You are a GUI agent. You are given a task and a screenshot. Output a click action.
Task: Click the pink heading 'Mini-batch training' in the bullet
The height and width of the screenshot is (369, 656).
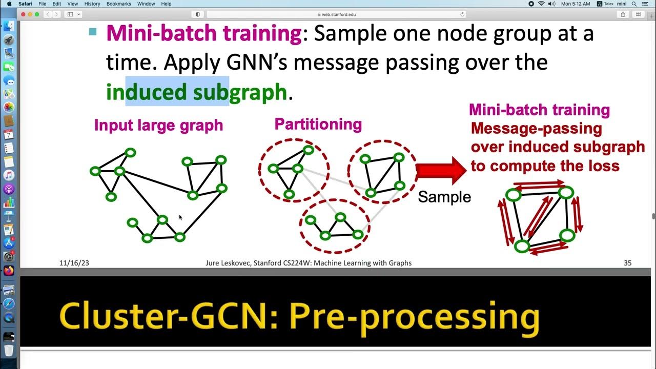point(204,34)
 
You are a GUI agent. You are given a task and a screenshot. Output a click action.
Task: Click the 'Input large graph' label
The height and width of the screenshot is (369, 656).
point(158,125)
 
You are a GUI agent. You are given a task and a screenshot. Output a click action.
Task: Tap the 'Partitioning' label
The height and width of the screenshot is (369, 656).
point(318,124)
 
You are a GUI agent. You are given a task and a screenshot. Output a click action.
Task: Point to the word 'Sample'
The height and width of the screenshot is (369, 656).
point(444,197)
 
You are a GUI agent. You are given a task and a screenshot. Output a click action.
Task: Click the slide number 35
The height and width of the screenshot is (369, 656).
point(627,263)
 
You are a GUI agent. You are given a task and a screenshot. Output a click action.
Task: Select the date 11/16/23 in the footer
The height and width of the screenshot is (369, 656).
point(74,263)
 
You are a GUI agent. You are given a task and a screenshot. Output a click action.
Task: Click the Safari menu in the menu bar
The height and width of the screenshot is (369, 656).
point(26,4)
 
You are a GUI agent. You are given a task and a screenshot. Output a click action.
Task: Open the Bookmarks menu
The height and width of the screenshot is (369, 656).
point(118,4)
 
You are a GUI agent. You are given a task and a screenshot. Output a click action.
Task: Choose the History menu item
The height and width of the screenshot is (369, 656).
point(92,4)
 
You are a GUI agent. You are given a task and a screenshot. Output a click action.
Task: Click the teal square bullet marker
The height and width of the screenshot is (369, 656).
point(93,32)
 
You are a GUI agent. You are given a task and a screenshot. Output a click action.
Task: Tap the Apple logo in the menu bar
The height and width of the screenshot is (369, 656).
point(9,4)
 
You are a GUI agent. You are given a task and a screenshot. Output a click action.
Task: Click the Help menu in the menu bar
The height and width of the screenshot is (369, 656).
point(166,4)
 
